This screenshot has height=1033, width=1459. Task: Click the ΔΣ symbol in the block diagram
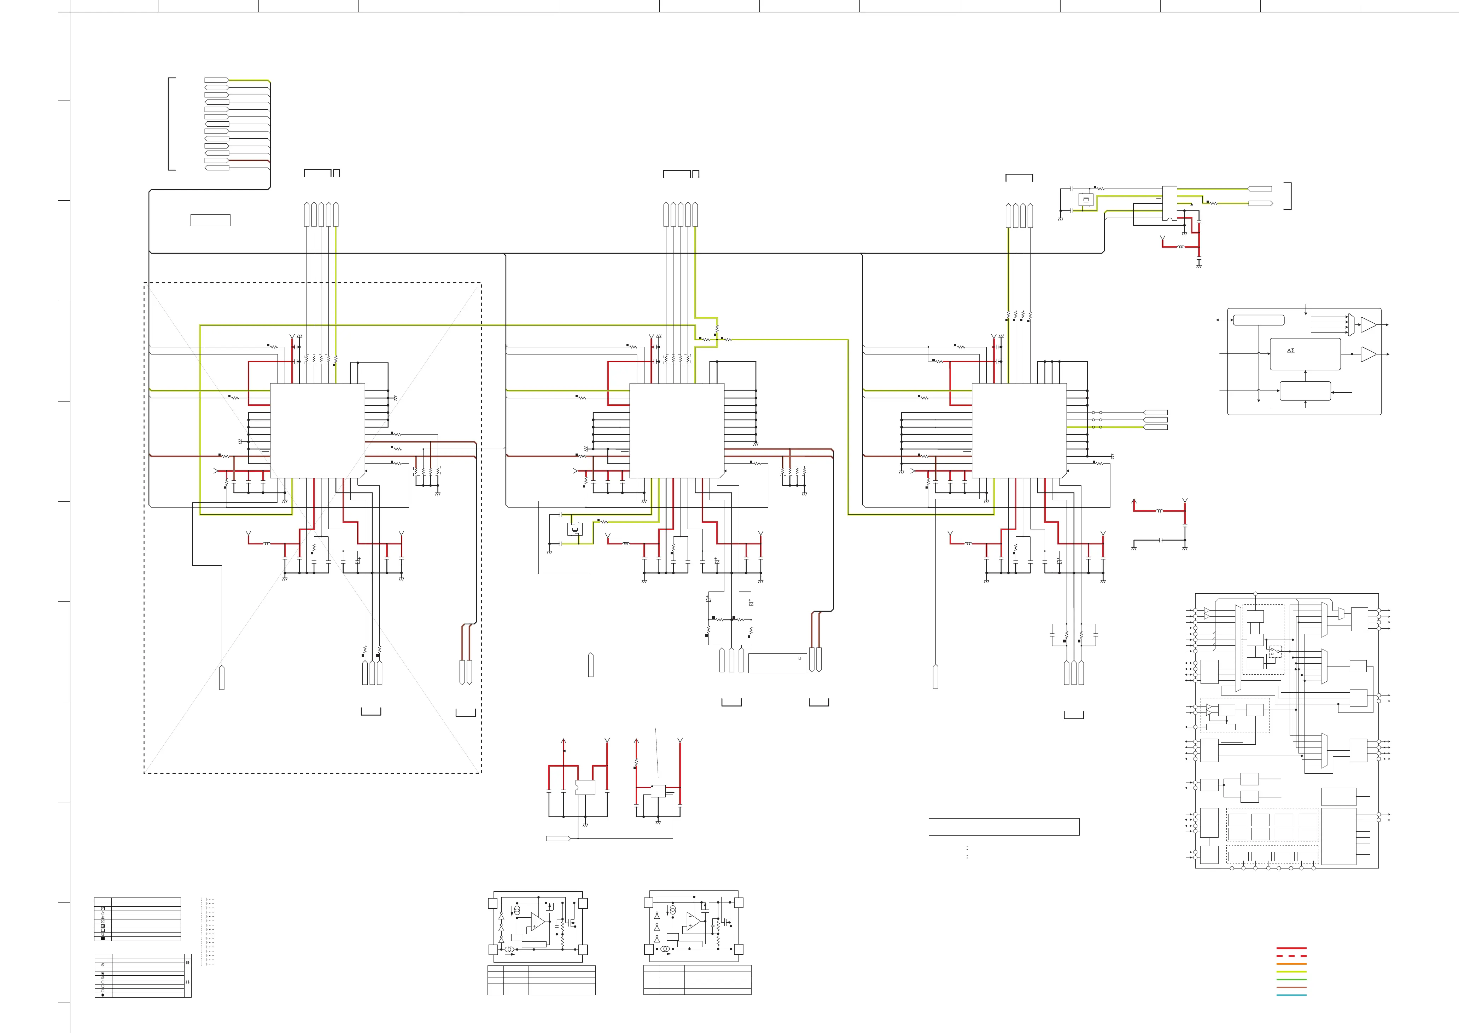pyautogui.click(x=1290, y=351)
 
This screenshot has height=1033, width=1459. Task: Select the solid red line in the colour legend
pyautogui.click(x=1291, y=948)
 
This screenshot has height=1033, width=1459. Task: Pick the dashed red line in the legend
pyautogui.click(x=1291, y=956)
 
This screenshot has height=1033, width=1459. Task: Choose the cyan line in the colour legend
pyautogui.click(x=1291, y=995)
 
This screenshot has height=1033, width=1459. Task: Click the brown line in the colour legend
pyautogui.click(x=1291, y=987)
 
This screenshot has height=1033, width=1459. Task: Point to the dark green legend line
pyautogui.click(x=1291, y=980)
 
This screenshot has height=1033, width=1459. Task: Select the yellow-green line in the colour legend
pyautogui.click(x=1291, y=972)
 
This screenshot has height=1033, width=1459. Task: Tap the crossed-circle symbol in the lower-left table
pyautogui.click(x=103, y=965)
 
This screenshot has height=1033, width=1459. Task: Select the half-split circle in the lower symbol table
pyautogui.click(x=103, y=987)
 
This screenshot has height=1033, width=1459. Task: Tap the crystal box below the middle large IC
pyautogui.click(x=575, y=529)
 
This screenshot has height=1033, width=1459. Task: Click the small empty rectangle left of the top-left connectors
pyautogui.click(x=210, y=220)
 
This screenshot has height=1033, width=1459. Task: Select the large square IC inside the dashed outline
pyautogui.click(x=317, y=431)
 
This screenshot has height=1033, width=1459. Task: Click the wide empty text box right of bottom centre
pyautogui.click(x=1004, y=826)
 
